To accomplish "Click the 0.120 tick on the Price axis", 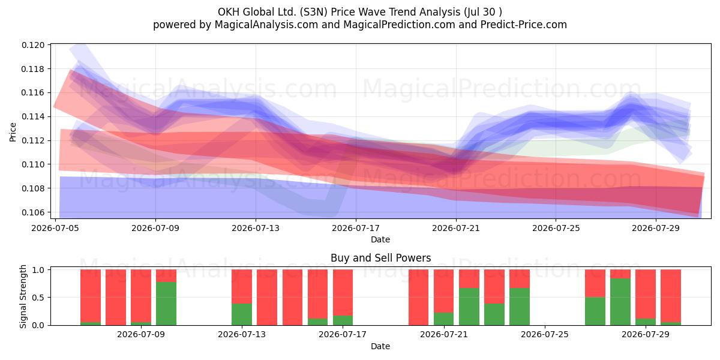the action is [x=33, y=45].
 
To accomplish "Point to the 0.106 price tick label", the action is [x=33, y=212].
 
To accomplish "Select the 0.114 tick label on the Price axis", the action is [x=33, y=116].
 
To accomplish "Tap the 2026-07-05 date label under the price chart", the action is [x=55, y=228].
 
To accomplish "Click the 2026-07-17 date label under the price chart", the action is [x=356, y=228].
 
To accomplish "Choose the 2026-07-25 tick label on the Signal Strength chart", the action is [x=545, y=334].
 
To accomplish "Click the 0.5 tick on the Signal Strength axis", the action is [x=39, y=298].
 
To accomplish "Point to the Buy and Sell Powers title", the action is [x=380, y=258].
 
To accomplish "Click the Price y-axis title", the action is [x=13, y=132].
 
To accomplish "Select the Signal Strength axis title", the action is [x=23, y=296].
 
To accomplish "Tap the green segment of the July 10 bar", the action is [x=166, y=304].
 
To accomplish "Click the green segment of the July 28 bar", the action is [x=620, y=302].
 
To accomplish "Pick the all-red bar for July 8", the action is [x=116, y=298].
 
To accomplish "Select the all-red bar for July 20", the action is [x=419, y=298].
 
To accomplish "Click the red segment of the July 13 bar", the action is [x=242, y=286].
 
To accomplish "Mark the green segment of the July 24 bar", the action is [x=520, y=307].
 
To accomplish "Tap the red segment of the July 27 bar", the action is [x=595, y=283].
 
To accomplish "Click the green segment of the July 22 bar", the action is [x=469, y=307].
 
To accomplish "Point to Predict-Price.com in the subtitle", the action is [x=524, y=25].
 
